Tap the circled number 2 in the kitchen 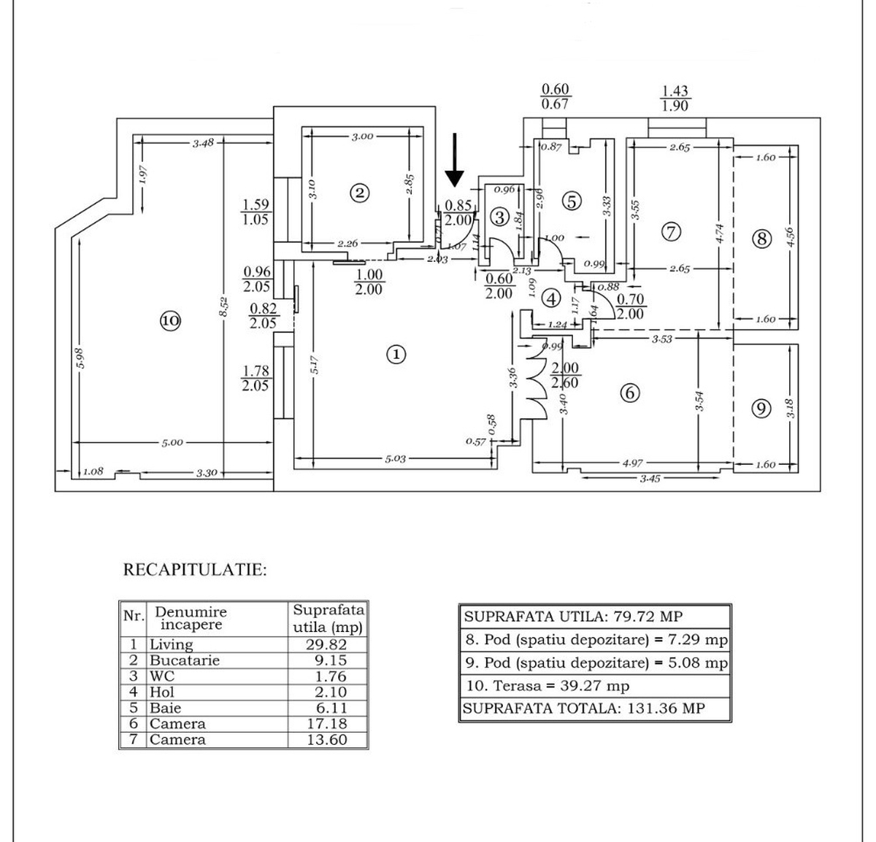point(359,193)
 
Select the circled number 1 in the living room point(395,355)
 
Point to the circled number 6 point(629,393)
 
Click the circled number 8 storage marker point(761,239)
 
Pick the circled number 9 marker point(761,409)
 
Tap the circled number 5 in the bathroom point(572,201)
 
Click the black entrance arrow point(455,160)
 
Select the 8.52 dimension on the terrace point(225,306)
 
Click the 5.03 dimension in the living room point(395,459)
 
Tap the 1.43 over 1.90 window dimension point(675,99)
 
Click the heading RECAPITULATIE point(195,570)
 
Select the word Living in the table point(172,644)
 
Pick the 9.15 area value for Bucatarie point(327,660)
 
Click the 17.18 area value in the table point(327,724)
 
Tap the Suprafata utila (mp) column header point(328,619)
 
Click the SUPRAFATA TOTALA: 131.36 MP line point(584,708)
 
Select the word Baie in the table point(165,708)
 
